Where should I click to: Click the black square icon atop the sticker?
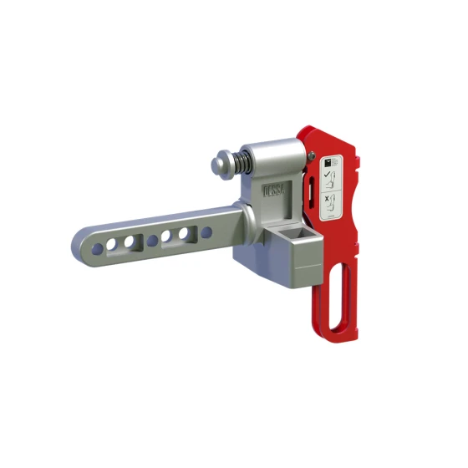click(x=331, y=158)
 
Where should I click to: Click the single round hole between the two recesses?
click(x=152, y=241)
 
